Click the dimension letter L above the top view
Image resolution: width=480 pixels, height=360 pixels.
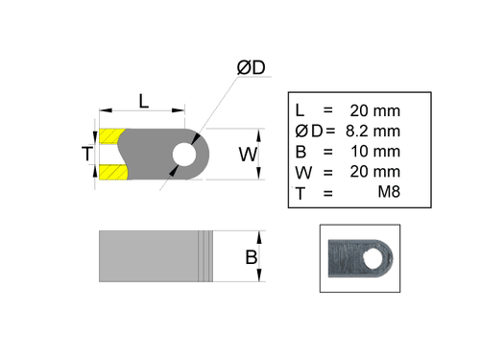click(x=143, y=100)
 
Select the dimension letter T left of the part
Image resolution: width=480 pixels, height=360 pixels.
click(x=86, y=154)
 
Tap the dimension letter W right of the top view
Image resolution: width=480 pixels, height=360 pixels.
click(x=248, y=154)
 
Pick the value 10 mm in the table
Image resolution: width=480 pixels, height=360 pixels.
click(x=379, y=152)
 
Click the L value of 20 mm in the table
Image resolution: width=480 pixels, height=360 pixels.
click(x=379, y=109)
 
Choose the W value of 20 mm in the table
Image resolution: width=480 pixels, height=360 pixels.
click(x=379, y=172)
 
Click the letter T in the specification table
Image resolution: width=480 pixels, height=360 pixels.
click(x=300, y=193)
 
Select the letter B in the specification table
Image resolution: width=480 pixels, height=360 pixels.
click(x=300, y=152)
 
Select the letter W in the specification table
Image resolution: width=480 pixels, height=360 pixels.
click(x=301, y=172)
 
